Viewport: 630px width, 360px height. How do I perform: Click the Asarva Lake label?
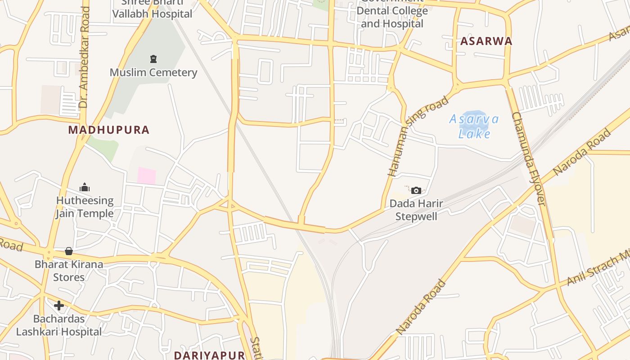(x=474, y=126)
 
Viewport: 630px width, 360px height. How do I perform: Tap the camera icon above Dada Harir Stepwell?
(x=416, y=190)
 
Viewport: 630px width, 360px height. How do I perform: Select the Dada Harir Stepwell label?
(x=416, y=210)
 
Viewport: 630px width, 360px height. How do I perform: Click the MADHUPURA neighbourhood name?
(x=108, y=130)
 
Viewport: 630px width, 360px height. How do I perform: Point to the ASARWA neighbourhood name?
(x=486, y=41)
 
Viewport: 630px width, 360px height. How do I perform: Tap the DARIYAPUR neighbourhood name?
(x=209, y=355)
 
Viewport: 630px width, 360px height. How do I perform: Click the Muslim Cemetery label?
(x=153, y=72)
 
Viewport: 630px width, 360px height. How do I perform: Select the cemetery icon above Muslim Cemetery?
(x=153, y=59)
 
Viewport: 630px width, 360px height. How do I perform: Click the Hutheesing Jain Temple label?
(x=85, y=207)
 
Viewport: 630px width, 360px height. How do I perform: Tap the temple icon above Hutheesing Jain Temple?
(x=85, y=187)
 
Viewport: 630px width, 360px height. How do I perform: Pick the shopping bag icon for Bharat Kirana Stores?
(x=69, y=251)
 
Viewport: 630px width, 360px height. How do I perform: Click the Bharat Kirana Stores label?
(x=69, y=270)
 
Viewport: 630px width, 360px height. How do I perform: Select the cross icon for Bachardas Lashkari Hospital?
(x=59, y=306)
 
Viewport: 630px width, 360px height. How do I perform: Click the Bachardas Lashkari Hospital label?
(x=59, y=325)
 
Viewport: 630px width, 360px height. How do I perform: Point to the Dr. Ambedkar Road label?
(x=84, y=58)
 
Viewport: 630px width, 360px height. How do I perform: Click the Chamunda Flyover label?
(x=528, y=158)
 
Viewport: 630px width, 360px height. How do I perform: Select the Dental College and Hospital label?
(x=392, y=17)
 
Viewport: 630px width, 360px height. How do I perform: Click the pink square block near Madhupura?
(x=146, y=175)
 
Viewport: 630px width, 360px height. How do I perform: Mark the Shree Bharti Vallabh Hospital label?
(x=152, y=10)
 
